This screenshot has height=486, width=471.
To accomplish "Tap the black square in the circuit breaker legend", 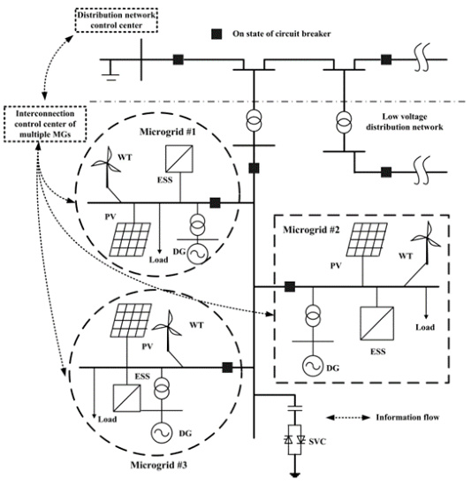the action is (217, 34).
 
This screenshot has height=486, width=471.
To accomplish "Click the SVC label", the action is (317, 441).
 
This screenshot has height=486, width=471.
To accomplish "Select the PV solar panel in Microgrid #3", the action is (131, 320).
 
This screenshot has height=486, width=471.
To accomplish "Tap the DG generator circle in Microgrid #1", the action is (198, 254).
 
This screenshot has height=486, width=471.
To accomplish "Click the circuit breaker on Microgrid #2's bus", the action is (290, 286).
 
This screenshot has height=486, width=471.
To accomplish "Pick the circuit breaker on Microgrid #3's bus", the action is (227, 368).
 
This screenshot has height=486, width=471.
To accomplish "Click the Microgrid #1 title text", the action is (168, 132).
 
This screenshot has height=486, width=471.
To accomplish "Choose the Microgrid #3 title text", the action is (159, 465).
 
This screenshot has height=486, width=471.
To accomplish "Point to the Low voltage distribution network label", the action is (405, 122).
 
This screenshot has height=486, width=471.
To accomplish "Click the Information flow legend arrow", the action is (348, 418).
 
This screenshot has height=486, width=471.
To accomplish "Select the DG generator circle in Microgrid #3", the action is (161, 433).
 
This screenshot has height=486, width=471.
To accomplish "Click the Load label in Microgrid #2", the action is (425, 327).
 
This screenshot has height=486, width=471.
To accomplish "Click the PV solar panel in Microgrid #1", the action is (130, 239).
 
